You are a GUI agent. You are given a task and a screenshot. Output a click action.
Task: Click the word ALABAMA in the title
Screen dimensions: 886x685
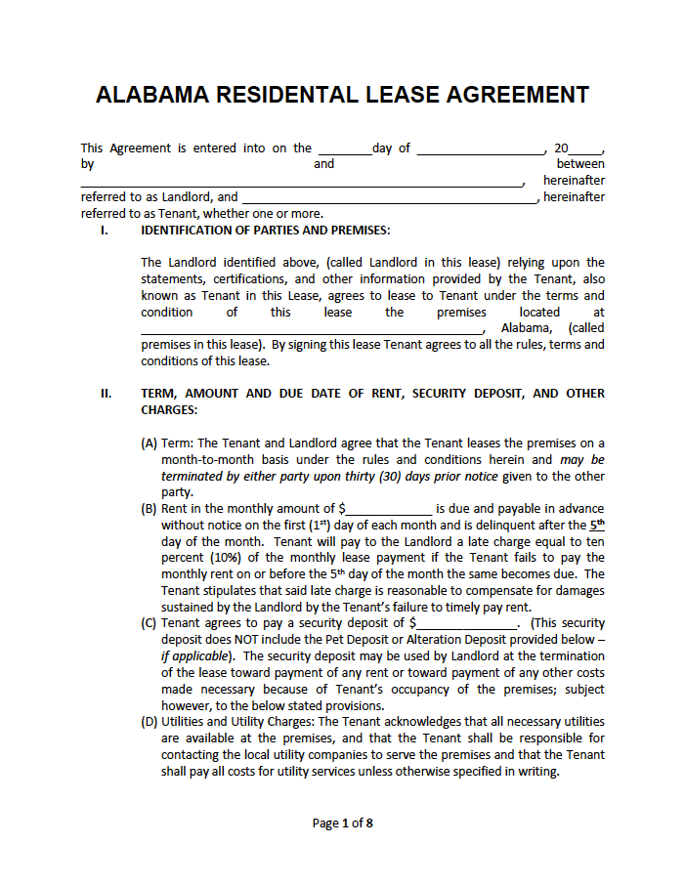(152, 95)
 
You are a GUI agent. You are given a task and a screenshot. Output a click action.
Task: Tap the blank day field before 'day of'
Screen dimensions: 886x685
(344, 148)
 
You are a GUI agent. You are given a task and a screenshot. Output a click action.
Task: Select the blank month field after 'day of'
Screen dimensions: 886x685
(480, 148)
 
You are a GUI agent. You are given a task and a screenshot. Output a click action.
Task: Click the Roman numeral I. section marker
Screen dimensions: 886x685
(104, 231)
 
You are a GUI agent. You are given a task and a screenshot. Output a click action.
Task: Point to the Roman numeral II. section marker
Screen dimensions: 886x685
(106, 394)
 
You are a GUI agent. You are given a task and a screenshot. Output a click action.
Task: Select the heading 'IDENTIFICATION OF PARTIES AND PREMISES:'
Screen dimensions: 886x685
(265, 231)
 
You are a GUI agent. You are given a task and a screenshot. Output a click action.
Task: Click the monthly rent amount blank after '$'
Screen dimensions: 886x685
(389, 509)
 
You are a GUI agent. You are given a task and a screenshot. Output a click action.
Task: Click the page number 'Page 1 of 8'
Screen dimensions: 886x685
(342, 823)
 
